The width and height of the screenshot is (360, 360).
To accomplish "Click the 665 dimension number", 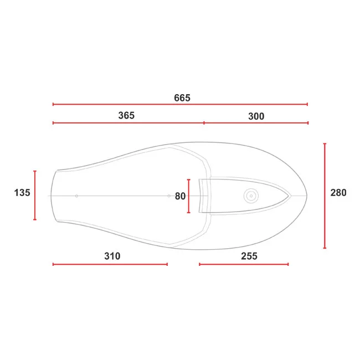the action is (182, 98).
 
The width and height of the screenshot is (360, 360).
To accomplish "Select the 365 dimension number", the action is (126, 116).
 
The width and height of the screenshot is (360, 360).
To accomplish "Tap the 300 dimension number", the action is (256, 116).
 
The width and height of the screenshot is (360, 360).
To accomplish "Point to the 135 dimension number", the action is (22, 193).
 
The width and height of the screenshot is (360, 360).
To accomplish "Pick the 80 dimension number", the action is (180, 196).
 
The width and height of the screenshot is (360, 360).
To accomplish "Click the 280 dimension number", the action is (338, 193).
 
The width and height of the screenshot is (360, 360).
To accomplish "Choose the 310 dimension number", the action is (112, 256).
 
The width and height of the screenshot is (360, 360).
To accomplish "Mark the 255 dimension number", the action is (249, 256).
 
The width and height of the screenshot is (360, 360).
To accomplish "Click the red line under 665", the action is (180, 104).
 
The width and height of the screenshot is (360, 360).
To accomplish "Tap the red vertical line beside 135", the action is (35, 196).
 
